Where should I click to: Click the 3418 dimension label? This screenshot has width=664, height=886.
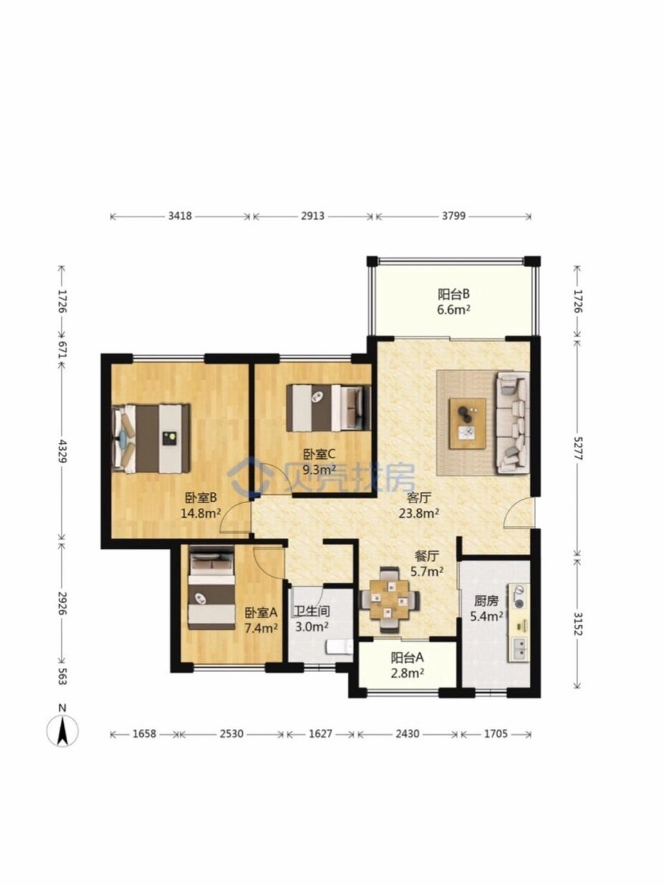click(x=180, y=216)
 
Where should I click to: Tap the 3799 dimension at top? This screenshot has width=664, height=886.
click(x=454, y=216)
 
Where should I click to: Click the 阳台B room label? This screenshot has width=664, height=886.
click(x=454, y=294)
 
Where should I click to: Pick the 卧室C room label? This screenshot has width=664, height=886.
click(x=320, y=455)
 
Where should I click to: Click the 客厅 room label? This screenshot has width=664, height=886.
click(x=418, y=498)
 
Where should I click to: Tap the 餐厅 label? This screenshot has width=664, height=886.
click(x=427, y=557)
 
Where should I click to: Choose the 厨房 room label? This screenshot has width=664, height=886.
click(x=486, y=602)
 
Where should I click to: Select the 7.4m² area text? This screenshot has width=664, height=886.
click(x=261, y=628)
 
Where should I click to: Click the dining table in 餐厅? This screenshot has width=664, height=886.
click(x=389, y=601)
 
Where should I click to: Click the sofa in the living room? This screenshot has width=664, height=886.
click(x=513, y=423)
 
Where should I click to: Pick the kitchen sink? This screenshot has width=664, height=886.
click(x=519, y=649)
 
